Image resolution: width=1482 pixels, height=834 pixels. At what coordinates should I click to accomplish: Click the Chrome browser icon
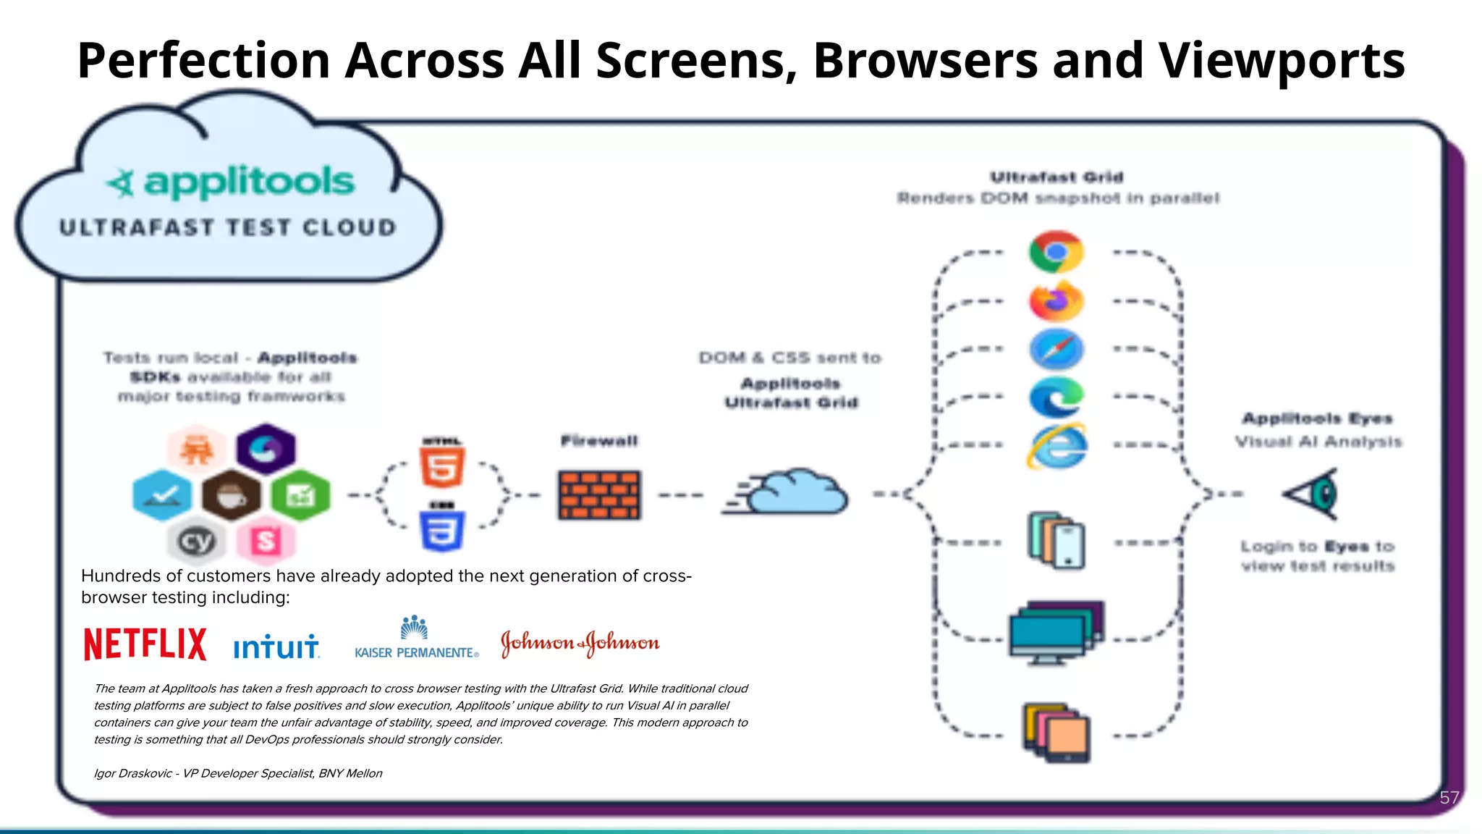point(1056,252)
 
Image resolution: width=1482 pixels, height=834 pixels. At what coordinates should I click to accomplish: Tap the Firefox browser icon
point(1056,301)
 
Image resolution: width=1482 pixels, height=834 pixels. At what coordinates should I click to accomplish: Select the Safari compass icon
point(1056,349)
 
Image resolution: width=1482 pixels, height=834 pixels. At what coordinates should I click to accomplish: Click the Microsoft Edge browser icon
point(1056,397)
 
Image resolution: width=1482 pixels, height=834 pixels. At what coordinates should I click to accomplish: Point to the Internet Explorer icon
point(1056,446)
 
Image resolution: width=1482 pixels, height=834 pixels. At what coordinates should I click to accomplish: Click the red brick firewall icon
point(599,495)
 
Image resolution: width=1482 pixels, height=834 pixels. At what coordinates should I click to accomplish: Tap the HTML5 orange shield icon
point(442,466)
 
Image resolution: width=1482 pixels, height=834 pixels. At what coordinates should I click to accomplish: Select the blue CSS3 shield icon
point(442,530)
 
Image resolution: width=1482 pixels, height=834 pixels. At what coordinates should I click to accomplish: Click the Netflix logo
point(145,644)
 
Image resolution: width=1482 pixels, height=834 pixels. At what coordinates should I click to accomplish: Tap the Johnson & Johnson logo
point(580,643)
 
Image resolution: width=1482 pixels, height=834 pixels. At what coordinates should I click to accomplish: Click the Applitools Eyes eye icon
point(1313,494)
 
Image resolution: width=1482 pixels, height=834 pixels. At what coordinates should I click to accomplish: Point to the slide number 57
point(1449,798)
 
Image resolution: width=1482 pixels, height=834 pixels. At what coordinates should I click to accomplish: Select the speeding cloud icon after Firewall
point(789,492)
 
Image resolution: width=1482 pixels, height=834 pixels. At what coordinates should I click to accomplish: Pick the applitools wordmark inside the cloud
point(248,181)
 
